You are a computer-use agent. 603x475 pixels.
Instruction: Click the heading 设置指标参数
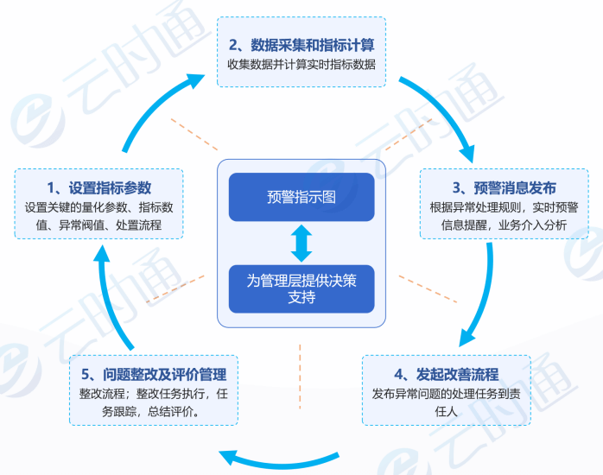tap(99, 187)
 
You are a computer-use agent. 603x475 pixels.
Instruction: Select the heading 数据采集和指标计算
tap(301, 44)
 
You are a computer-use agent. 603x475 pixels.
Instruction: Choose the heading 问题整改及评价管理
tap(153, 374)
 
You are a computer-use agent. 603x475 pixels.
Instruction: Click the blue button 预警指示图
tap(301, 197)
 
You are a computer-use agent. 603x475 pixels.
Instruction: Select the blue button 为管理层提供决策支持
tap(301, 288)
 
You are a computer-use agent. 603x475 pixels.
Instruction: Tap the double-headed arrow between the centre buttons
tap(301, 243)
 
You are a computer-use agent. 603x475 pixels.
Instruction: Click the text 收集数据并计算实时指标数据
tap(301, 65)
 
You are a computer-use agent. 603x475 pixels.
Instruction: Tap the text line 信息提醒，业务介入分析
tap(505, 225)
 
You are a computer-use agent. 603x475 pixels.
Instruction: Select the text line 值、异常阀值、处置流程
tap(98, 225)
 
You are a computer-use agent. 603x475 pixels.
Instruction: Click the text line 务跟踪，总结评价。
tap(153, 412)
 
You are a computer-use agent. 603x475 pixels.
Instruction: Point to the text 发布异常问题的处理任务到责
tap(446, 394)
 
